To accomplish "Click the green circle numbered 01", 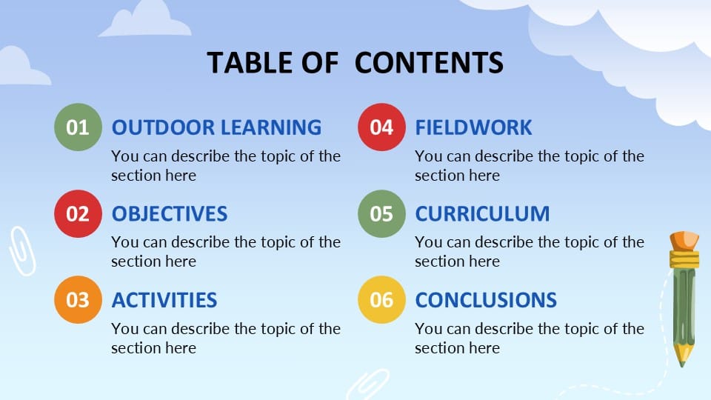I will [78, 127].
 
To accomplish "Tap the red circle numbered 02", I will [78, 214].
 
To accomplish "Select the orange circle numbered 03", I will [78, 300].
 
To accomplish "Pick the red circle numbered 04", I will [381, 127].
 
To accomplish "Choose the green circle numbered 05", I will [381, 214].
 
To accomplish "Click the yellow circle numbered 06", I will [381, 300].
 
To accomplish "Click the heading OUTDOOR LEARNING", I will [216, 127].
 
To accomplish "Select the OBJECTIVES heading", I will [169, 214].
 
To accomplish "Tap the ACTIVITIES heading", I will [164, 300].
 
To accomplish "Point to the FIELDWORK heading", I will [473, 127].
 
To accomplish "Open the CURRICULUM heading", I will [482, 214].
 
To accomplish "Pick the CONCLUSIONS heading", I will [486, 300].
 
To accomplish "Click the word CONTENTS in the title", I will [429, 63].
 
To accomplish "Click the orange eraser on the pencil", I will [684, 241].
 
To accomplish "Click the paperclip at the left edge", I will [21, 250].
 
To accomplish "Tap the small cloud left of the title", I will [146, 20].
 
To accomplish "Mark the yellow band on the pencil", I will [684, 259].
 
